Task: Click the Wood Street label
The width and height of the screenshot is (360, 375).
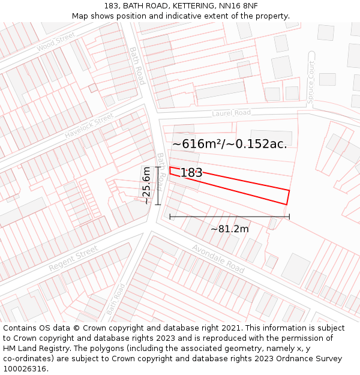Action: [x=55, y=43]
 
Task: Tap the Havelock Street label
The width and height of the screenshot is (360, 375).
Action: [x=89, y=125]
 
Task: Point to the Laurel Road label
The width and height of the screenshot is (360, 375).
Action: [x=231, y=113]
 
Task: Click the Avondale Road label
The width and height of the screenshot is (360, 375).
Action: [x=218, y=259]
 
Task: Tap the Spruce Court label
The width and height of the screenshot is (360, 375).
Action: [x=310, y=83]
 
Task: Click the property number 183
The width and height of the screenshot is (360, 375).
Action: [x=191, y=173]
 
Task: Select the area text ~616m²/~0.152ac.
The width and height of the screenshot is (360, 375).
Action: [x=230, y=144]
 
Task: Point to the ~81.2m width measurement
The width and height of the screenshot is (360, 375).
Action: [x=229, y=229]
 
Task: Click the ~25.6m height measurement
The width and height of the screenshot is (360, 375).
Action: [x=146, y=186]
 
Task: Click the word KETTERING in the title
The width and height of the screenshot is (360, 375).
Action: [x=183, y=5]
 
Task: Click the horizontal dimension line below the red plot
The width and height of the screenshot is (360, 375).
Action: [x=229, y=217]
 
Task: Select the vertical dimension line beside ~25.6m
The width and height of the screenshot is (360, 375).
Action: [x=158, y=186]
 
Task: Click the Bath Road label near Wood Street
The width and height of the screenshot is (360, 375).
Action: [x=137, y=65]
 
